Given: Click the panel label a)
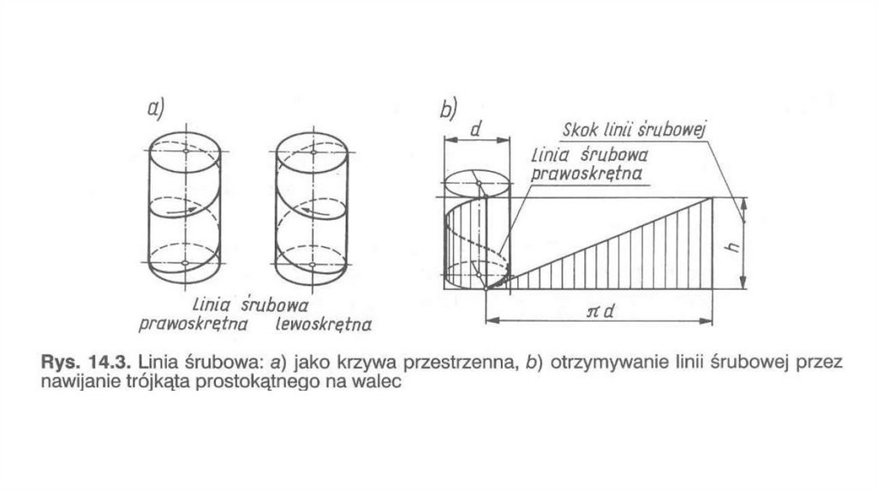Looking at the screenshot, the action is pos(155,108).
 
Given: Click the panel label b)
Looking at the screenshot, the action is pos(449,109).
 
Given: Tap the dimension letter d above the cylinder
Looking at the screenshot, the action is pos(476,128).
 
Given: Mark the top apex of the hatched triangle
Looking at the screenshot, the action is pos(713,198).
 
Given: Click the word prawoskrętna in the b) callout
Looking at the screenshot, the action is pos(588,173).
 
